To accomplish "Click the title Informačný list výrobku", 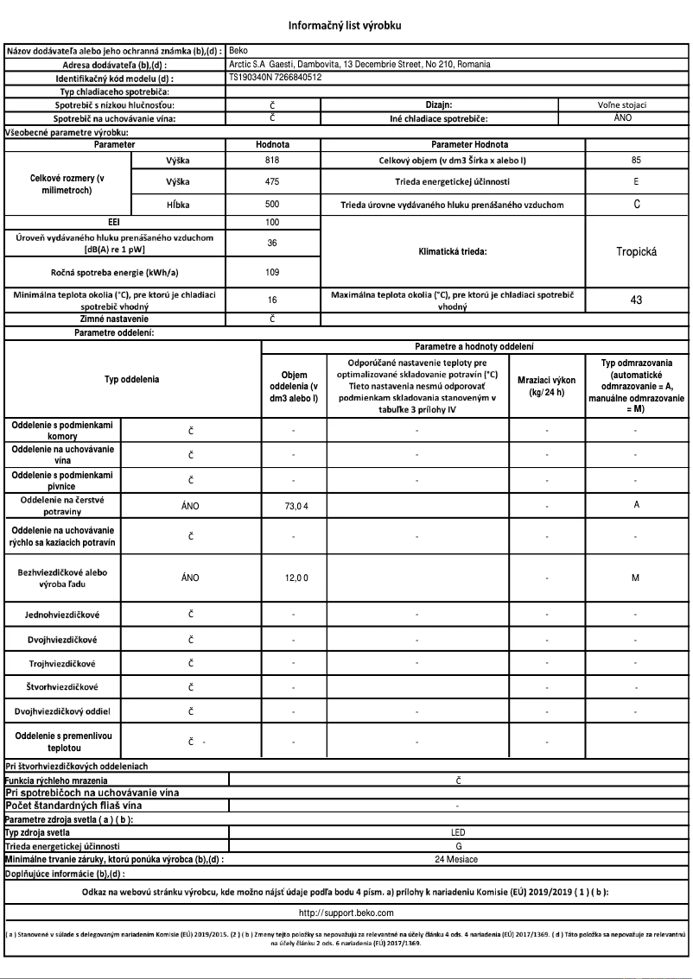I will (346, 25).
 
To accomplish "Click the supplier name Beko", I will (238, 52).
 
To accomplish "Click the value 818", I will (273, 161).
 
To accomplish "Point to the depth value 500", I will (273, 205).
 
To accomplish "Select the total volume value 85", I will (635, 161).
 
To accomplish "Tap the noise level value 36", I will (273, 243).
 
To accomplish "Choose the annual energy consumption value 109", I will (273, 272).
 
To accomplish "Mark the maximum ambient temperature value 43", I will (635, 300).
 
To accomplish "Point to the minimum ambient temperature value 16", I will (273, 300).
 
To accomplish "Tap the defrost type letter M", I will (635, 577).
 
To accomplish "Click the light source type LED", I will (458, 832).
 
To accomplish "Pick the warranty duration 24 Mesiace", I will (458, 859).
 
